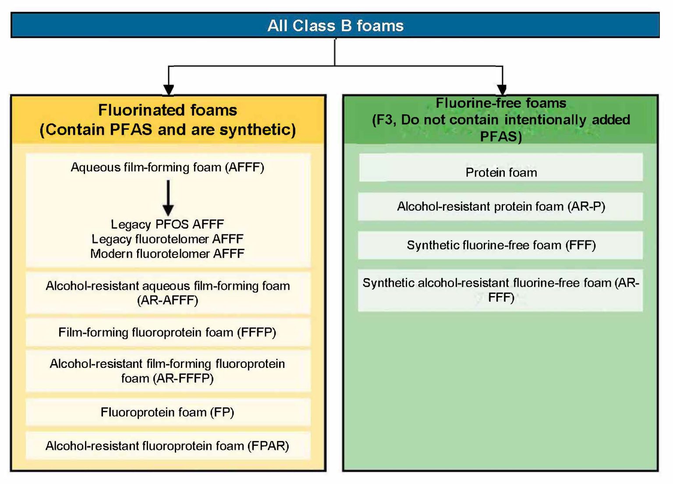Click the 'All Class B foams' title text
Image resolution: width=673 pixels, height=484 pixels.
[x=335, y=26]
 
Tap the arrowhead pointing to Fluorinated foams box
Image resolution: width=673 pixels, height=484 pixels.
[x=168, y=89]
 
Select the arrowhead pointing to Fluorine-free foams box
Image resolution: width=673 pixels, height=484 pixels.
[x=502, y=89]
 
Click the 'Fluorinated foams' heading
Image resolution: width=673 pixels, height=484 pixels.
[x=167, y=110]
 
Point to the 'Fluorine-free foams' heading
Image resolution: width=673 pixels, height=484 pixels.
[x=501, y=103]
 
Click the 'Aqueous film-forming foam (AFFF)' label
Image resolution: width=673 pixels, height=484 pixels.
[x=167, y=167]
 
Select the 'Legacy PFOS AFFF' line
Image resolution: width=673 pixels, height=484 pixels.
[x=167, y=224]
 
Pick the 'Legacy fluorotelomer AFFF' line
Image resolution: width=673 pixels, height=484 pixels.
[x=167, y=239]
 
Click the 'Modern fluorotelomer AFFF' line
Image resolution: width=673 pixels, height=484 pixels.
[x=167, y=254]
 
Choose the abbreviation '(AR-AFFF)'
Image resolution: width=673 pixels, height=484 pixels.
[x=167, y=300]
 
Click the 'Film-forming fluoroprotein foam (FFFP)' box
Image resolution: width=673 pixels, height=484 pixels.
[x=167, y=332]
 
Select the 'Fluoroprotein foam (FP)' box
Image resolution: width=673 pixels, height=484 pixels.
[x=167, y=412]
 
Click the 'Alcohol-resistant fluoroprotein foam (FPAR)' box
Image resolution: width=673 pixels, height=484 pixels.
[x=167, y=446]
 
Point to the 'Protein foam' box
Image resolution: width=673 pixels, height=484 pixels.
[x=501, y=173]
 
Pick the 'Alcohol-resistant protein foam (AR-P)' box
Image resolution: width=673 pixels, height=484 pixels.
[x=501, y=206]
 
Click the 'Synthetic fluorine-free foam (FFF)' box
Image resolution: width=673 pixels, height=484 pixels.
[x=501, y=245]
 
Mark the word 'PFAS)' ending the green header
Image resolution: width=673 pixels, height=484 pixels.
[x=501, y=137]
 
